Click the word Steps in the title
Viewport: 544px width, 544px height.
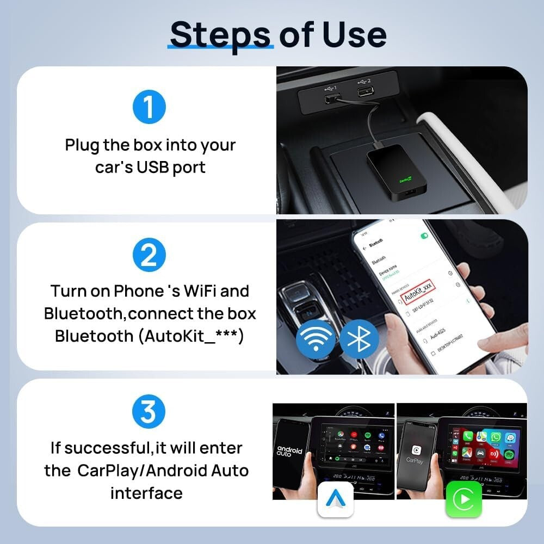tap(219, 34)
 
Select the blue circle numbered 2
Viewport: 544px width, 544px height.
tap(148, 256)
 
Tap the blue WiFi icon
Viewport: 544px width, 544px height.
tap(316, 338)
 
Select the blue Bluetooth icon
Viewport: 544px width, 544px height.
tap(359, 338)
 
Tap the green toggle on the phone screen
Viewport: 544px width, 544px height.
tap(424, 236)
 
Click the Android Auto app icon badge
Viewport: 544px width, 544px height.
tap(335, 499)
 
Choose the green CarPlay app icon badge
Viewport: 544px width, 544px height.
tap(463, 499)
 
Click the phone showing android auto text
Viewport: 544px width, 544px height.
tap(290, 452)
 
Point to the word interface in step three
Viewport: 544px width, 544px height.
tap(146, 493)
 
